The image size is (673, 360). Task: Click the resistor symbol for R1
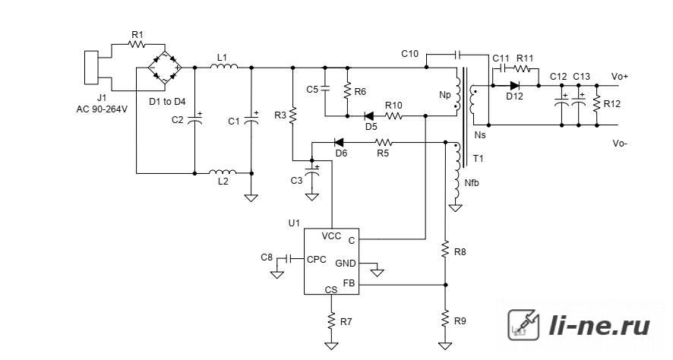tap(137, 44)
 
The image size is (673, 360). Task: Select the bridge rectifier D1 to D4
tap(165, 68)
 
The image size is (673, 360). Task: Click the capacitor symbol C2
tap(194, 118)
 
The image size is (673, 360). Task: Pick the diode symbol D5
tap(368, 115)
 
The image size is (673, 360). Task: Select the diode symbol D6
tap(339, 142)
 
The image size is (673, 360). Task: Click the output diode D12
tap(514, 85)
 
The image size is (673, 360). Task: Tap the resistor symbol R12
tap(596, 104)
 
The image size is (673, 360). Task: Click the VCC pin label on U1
tap(331, 236)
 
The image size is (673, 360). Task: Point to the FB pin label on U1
tap(349, 283)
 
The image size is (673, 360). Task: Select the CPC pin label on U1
tap(316, 260)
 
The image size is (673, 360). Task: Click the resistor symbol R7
tap(331, 321)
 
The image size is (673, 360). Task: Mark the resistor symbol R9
tap(445, 320)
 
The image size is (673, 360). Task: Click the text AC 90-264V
tap(102, 109)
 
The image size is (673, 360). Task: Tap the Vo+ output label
tap(620, 77)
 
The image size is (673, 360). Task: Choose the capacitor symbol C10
tap(457, 55)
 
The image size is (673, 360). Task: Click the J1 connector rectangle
tap(91, 68)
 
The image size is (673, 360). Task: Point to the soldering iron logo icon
tap(523, 325)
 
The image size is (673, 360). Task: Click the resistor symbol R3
tap(292, 115)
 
